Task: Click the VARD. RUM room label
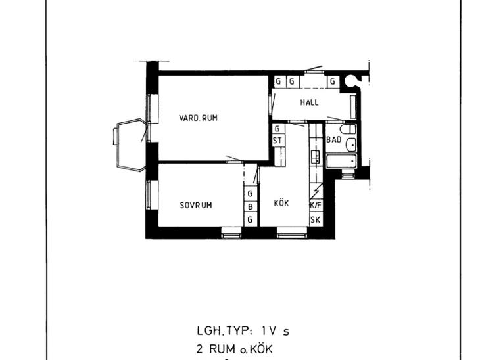coord(198,118)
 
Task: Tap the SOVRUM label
coord(196,205)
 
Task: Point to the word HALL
coord(309,102)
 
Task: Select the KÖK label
coord(281,203)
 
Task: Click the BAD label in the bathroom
coord(333,139)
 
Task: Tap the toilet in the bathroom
coord(348,129)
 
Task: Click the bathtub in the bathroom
coord(342,161)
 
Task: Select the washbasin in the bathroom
coord(351,145)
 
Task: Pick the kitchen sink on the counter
coord(316,156)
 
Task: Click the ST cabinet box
coord(277,141)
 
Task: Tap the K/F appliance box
coord(316,206)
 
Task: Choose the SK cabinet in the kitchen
coord(316,219)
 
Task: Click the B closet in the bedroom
coord(251,207)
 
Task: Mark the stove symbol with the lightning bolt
coord(316,191)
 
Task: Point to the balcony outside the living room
coord(130,145)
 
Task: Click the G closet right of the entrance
coord(333,81)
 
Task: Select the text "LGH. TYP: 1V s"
coord(243,331)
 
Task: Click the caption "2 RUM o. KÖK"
coord(235,349)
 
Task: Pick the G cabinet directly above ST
coord(277,129)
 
